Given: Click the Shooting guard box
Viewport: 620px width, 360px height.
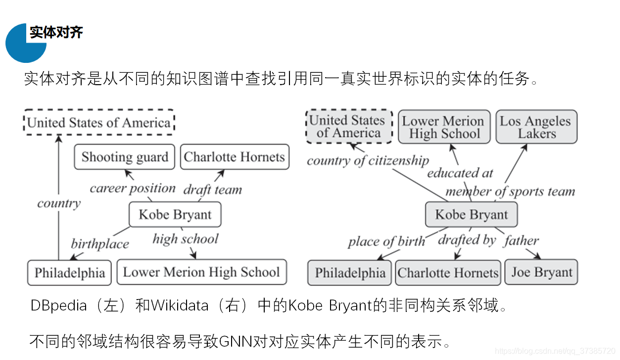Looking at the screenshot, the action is click(x=125, y=157).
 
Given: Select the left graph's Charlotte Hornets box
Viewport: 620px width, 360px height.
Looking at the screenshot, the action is click(x=235, y=157).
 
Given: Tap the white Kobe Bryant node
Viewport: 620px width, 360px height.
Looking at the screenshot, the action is click(x=175, y=214).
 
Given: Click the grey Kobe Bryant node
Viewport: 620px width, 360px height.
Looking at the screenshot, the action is click(x=471, y=214).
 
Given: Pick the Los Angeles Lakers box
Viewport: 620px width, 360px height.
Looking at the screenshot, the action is click(x=536, y=127).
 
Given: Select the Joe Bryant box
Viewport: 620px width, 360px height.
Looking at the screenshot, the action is click(x=541, y=272).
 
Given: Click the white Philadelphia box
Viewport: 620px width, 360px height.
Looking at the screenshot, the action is click(x=69, y=272).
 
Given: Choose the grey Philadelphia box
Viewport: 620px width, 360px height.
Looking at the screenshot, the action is click(x=350, y=272).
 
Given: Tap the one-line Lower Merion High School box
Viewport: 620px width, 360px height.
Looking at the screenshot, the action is click(x=201, y=272).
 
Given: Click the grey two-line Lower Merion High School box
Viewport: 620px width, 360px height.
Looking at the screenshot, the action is click(x=444, y=127).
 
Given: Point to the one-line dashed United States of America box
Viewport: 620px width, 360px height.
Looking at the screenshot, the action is click(x=99, y=122).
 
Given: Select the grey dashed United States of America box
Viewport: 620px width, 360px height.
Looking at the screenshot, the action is click(x=349, y=127).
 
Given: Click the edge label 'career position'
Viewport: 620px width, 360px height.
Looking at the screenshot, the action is click(x=133, y=188).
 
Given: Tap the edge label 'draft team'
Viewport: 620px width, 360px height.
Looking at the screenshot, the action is click(x=213, y=190).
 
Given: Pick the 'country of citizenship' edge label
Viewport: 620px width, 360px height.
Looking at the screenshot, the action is click(x=368, y=160).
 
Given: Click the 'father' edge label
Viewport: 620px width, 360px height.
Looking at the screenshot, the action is click(x=521, y=241).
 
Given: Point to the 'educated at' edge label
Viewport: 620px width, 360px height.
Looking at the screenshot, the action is click(x=460, y=173).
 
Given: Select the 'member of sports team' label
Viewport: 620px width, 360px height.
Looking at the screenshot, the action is click(x=510, y=191).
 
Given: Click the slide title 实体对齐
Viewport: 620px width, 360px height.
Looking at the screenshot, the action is click(x=56, y=33).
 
